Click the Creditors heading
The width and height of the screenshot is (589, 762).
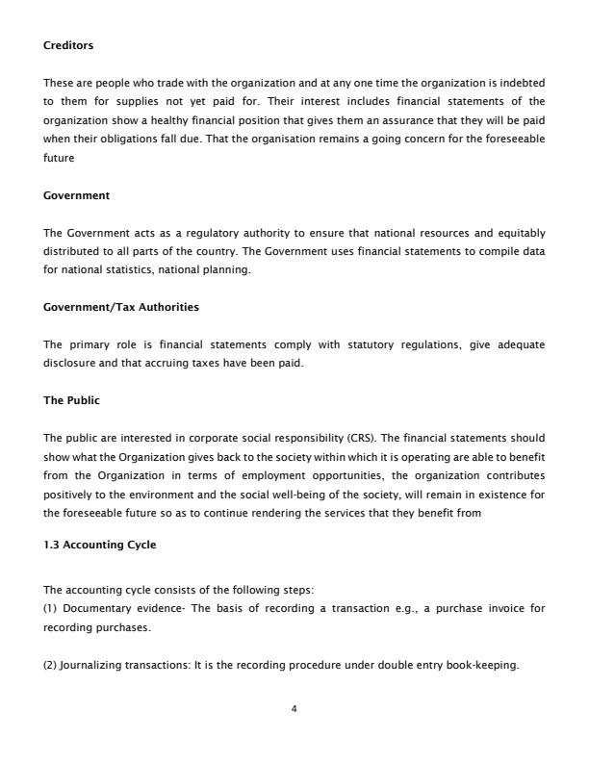tap(68, 45)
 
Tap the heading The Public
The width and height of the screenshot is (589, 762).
tap(71, 400)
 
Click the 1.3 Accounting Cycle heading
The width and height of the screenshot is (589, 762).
tap(100, 545)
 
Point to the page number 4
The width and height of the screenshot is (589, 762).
tap(294, 709)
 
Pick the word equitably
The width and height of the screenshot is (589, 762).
tap(519, 233)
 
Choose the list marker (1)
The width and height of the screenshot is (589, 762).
tap(50, 609)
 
